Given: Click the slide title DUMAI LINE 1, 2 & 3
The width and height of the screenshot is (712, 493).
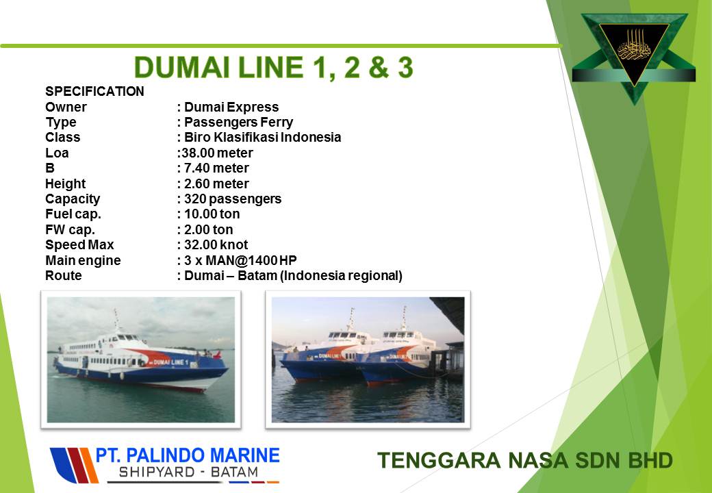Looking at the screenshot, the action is (273, 68).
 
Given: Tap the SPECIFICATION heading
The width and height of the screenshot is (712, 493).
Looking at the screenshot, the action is (94, 91).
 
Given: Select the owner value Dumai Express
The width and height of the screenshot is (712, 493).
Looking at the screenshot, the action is (231, 107).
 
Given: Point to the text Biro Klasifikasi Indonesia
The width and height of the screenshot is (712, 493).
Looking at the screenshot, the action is (262, 137).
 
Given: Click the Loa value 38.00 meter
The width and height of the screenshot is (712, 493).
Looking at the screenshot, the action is (217, 153).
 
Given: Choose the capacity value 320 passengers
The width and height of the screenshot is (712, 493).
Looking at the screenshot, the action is (233, 199).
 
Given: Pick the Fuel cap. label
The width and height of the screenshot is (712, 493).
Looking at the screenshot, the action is (73, 214).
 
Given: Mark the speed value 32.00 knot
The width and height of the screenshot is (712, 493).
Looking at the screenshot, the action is (216, 245).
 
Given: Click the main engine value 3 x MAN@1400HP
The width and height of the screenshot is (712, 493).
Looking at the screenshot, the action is (240, 261).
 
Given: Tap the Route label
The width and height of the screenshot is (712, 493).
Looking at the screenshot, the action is (63, 275).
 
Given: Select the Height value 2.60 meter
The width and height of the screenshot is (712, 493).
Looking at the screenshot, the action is (216, 184).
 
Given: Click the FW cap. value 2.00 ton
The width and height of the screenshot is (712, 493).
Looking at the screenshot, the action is (208, 229).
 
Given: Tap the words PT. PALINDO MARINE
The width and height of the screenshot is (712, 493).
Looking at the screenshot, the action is (188, 455).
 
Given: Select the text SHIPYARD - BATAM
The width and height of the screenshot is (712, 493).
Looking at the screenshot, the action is (188, 472).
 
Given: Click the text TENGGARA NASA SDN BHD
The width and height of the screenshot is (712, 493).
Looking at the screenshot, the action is (525, 460).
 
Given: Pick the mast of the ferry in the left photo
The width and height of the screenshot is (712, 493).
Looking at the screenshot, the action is (116, 320).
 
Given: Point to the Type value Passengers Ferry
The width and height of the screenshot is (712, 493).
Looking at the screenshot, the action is (238, 123).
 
